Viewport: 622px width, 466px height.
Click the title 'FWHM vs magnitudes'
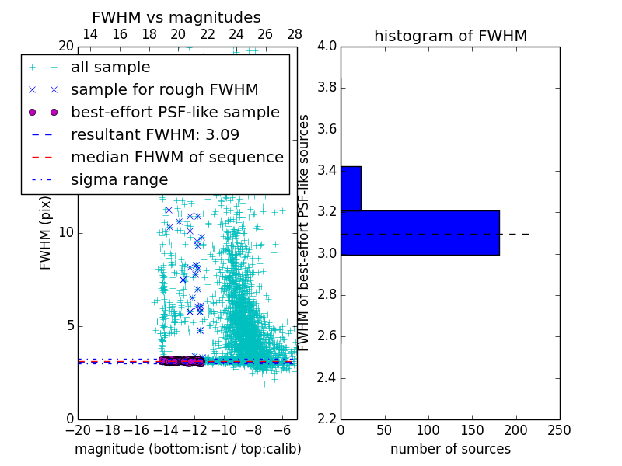coord(176,18)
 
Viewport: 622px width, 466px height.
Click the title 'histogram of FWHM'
coord(450,36)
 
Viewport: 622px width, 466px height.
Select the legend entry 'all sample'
coord(110,68)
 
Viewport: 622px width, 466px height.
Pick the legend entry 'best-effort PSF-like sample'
coord(175,112)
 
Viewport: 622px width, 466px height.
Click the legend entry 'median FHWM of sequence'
coord(176,157)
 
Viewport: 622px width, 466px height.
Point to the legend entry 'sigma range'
coord(119,179)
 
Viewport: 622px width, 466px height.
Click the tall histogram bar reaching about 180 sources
coord(420,232)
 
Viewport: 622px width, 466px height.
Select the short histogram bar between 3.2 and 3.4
coord(351,189)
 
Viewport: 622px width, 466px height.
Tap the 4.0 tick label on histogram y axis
coord(327,46)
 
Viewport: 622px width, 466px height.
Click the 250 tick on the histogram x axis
coord(559,429)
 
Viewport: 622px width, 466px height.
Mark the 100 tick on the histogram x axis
coord(428,429)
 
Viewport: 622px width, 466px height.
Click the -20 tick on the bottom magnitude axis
coord(78,429)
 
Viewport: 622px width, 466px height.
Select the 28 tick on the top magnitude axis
coord(295,35)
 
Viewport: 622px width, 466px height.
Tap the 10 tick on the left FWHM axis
coord(66,233)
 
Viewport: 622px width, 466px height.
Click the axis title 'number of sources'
coord(450,449)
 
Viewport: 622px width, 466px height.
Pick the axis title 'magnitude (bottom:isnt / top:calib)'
coord(187,449)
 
